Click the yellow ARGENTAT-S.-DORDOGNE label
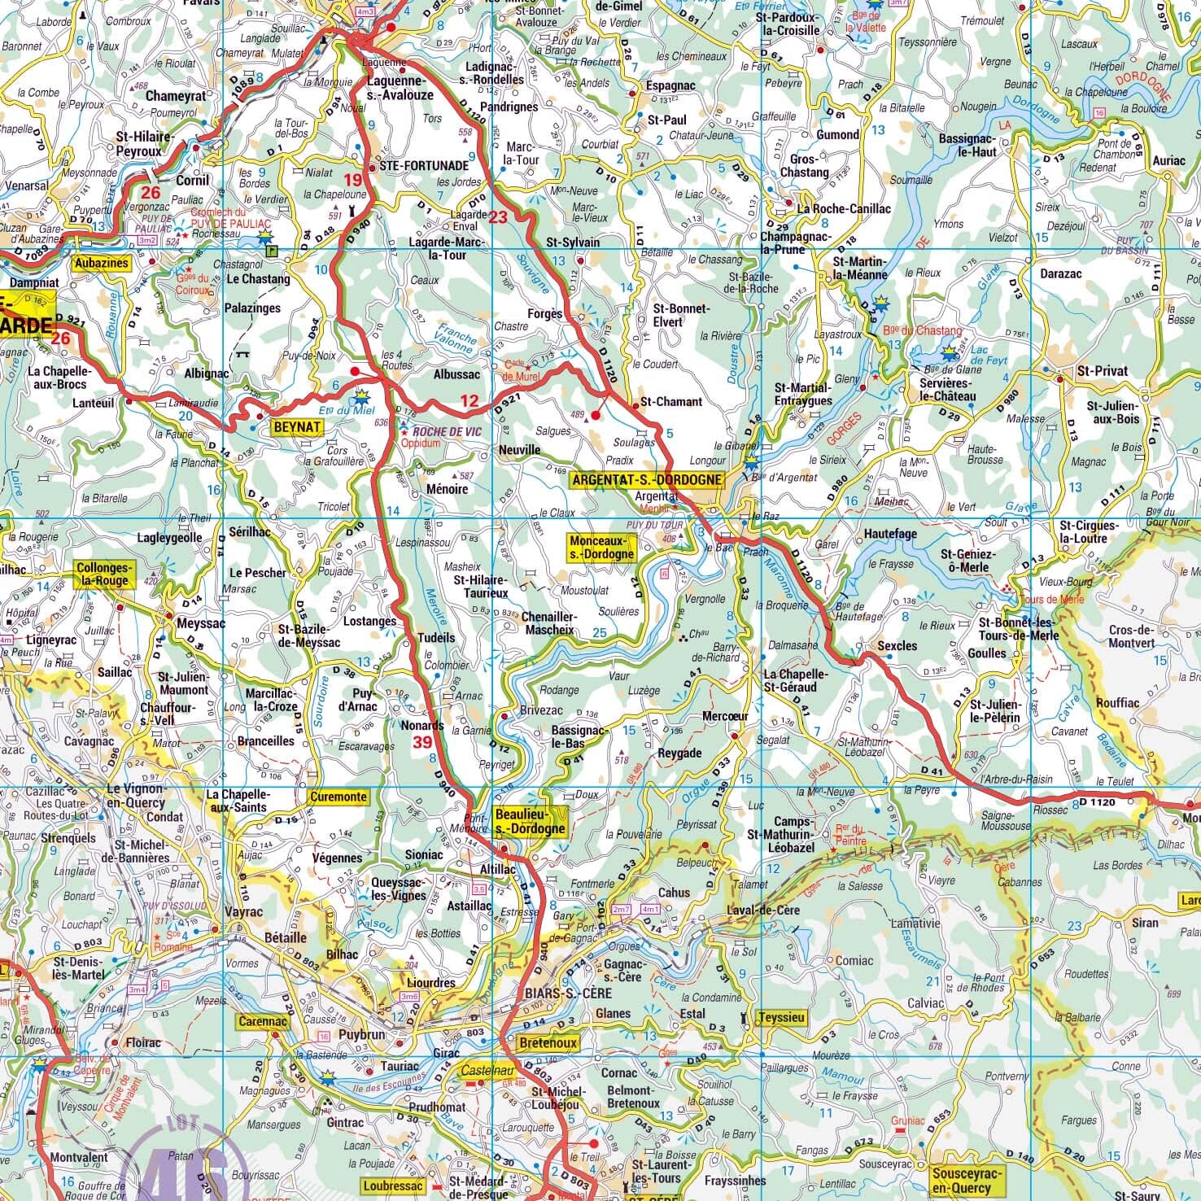(x=646, y=480)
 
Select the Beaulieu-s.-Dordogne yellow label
(x=529, y=822)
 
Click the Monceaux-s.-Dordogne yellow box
(x=602, y=548)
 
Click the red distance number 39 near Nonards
(x=422, y=742)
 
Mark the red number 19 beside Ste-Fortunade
(x=352, y=180)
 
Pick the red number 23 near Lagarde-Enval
(x=497, y=217)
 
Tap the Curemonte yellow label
(x=338, y=797)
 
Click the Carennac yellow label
(x=260, y=1020)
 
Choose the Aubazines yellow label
(x=101, y=264)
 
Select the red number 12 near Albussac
(x=469, y=400)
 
